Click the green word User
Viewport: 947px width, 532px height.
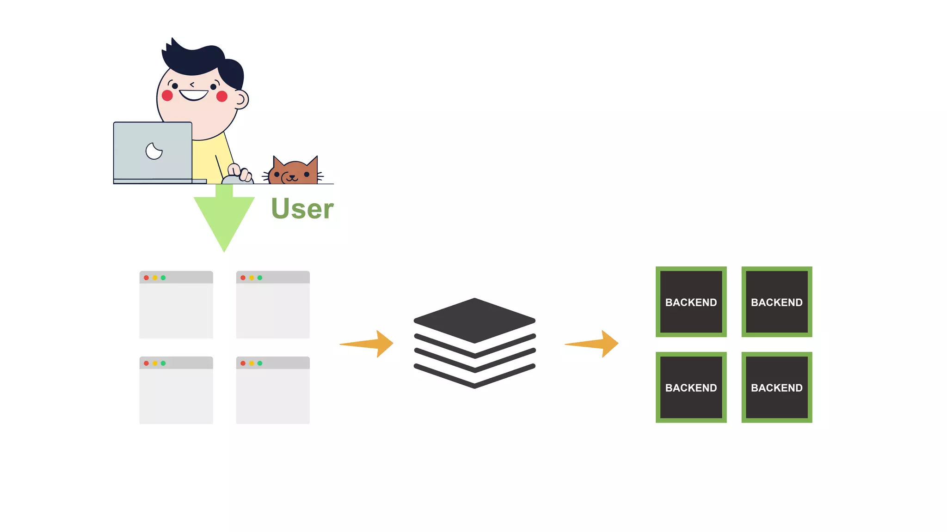pos(302,209)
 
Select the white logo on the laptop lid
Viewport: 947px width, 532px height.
pos(154,151)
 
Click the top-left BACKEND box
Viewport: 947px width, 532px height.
pos(691,302)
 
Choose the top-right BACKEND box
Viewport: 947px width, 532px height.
pos(776,302)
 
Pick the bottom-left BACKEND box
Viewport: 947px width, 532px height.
pos(691,387)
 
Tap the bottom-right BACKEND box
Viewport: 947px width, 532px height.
pos(776,387)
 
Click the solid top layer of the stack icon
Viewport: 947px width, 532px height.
pos(474,320)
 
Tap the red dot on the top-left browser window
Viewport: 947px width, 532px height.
pos(147,278)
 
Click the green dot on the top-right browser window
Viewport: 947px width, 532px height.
pos(260,278)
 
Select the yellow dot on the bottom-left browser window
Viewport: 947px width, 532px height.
pos(155,363)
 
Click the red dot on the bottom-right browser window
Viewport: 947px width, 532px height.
pos(243,363)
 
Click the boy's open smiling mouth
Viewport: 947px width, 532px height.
pos(194,95)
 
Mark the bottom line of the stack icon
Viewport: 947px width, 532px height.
pos(474,379)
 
